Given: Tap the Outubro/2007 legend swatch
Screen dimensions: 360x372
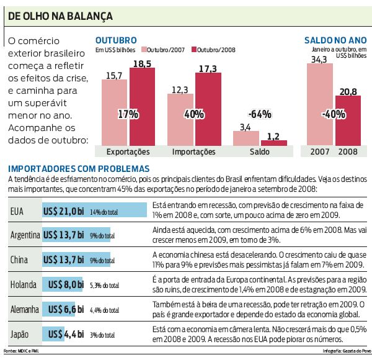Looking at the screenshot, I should click(x=144, y=49).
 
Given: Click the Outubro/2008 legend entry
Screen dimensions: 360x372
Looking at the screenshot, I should click(x=213, y=49).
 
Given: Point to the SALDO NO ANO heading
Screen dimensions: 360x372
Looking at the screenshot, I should click(x=335, y=39).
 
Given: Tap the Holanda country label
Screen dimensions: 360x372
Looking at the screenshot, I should click(x=25, y=285).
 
